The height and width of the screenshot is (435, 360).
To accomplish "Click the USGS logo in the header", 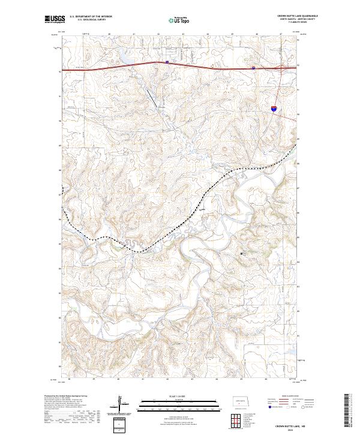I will [53, 20].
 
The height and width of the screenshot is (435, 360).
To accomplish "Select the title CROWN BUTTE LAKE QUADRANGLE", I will [298, 16].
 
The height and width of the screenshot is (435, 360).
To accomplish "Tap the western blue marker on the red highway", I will [167, 61].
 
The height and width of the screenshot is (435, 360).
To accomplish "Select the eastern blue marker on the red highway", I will [254, 68].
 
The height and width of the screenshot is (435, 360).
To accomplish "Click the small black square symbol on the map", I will [242, 253].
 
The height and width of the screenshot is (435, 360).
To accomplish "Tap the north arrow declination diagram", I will [122, 405].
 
